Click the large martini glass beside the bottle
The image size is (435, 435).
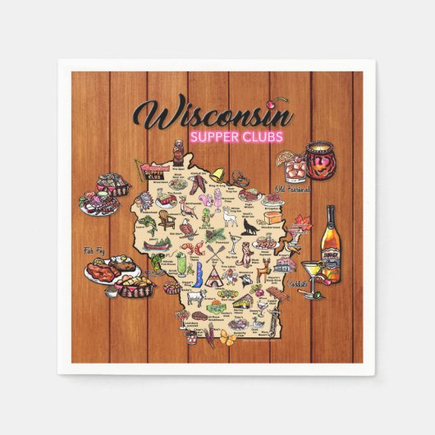coord(311,270)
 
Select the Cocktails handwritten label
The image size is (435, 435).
coord(298,284)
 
